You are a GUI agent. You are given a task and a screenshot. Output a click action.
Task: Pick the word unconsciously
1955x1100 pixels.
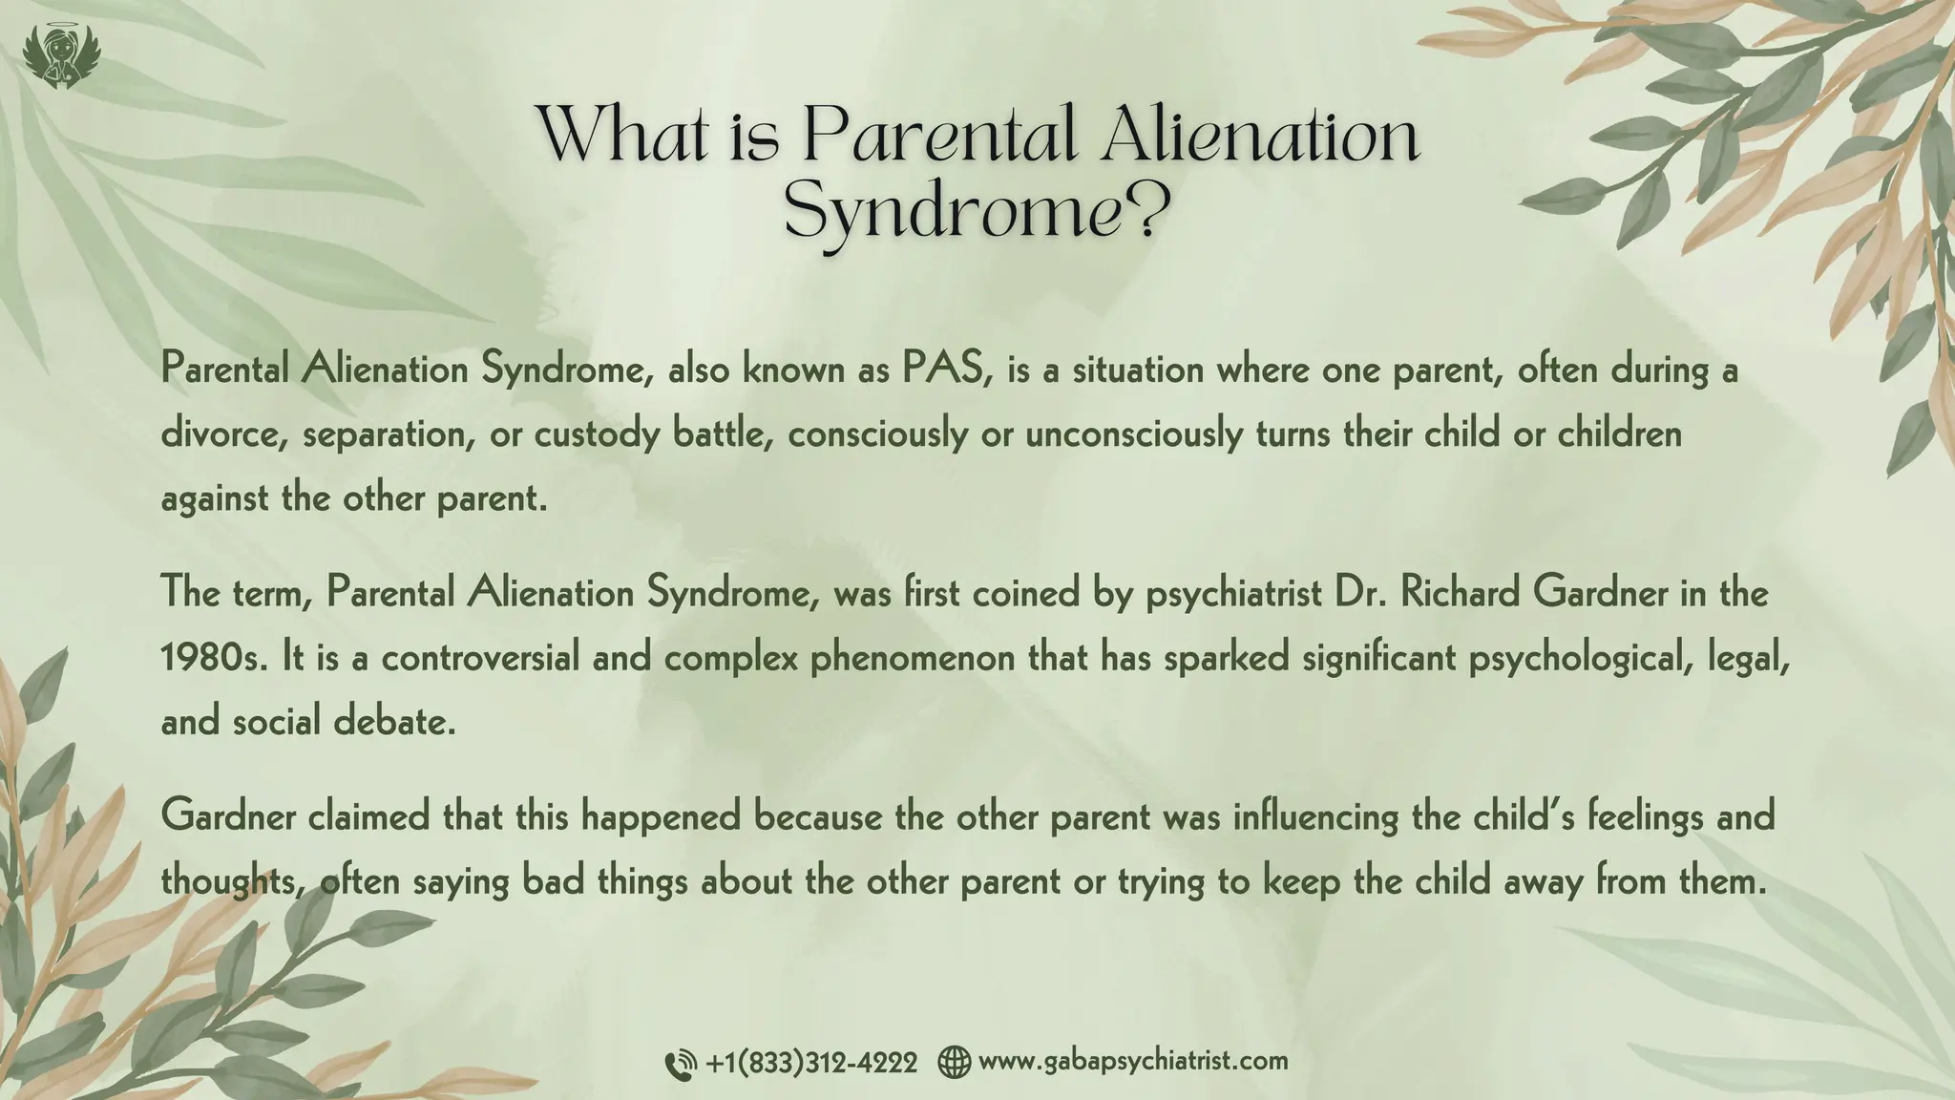pyautogui.click(x=1134, y=434)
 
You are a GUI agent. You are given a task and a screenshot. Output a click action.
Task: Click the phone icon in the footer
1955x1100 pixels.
pyautogui.click(x=680, y=1064)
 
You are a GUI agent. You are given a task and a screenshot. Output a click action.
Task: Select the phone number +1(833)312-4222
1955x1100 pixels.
pyautogui.click(x=811, y=1062)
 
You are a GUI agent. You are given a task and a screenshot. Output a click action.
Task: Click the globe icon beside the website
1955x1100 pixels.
pyautogui.click(x=954, y=1062)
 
